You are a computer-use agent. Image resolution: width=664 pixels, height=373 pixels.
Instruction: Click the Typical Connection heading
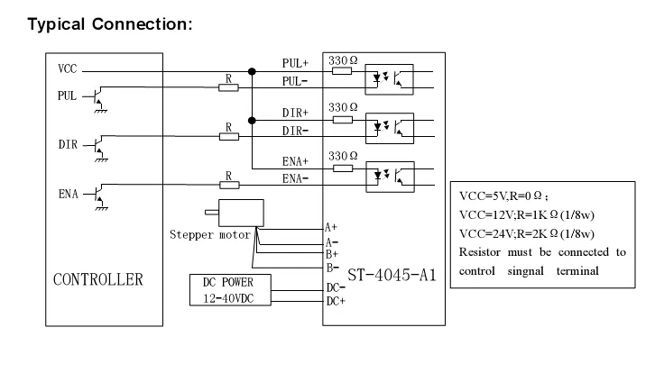(x=110, y=23)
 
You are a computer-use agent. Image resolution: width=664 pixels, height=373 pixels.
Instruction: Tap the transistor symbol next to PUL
(x=97, y=96)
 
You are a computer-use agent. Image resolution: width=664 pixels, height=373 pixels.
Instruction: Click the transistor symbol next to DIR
(x=97, y=146)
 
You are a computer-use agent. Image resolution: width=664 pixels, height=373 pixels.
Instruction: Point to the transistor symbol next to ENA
(x=97, y=196)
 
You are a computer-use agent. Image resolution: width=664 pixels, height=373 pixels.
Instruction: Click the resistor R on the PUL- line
(x=229, y=88)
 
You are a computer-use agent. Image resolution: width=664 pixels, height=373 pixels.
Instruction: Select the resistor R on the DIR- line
(x=229, y=137)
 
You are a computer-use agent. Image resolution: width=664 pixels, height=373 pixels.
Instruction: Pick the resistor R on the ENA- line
(x=229, y=185)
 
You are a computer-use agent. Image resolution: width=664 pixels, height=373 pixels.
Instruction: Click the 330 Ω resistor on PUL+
(x=342, y=70)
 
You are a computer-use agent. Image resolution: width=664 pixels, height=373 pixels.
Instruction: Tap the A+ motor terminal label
(x=331, y=228)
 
